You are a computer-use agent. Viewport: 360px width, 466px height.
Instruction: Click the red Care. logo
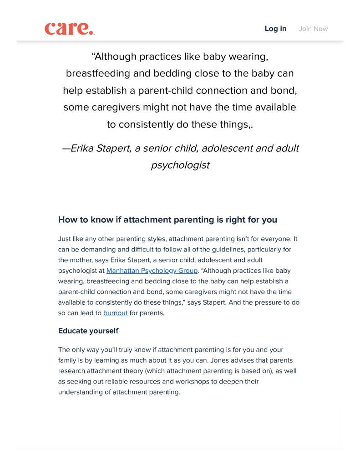click(69, 28)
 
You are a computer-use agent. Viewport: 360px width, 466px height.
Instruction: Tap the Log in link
click(275, 29)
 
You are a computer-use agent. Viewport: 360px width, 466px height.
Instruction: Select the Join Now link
click(313, 29)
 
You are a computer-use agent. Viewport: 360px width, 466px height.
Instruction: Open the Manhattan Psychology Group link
click(152, 271)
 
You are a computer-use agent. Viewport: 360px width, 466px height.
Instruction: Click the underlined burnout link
click(115, 313)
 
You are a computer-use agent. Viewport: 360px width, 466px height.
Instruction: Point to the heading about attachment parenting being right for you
click(167, 220)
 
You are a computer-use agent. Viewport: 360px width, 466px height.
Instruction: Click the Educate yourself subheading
click(88, 331)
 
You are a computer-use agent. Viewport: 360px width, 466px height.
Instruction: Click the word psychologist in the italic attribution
click(180, 165)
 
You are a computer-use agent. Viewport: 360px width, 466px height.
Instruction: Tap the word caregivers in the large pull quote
click(116, 108)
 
